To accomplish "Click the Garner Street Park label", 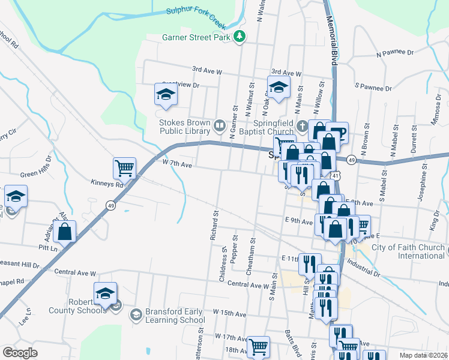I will click(197, 37).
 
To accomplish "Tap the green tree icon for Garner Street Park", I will click(240, 37).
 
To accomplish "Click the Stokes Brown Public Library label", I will click(185, 127).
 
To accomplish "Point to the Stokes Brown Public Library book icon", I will click(220, 125).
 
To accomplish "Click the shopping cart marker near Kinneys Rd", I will click(124, 168).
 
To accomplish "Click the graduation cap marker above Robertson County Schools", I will click(105, 293).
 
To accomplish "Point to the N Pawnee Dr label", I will click(396, 53).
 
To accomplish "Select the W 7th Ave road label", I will click(176, 163).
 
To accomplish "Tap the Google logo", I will click(20, 353).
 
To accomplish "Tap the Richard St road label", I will click(213, 224).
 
